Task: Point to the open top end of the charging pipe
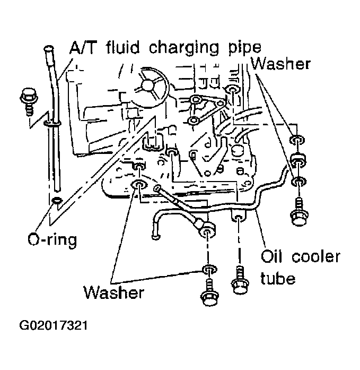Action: [x=49, y=49]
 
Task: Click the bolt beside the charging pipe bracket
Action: [x=27, y=100]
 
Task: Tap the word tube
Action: [x=278, y=278]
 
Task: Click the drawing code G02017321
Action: [x=54, y=324]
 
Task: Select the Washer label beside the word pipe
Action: [x=280, y=64]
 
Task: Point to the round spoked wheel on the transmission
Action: [x=147, y=88]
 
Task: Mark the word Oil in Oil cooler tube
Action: [x=274, y=257]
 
